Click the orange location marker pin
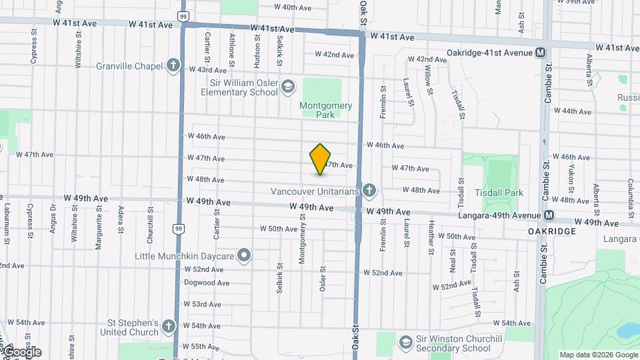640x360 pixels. (321, 159)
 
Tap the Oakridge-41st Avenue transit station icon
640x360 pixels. (540, 53)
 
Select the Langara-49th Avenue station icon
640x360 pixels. (549, 215)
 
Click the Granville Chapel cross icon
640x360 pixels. (173, 65)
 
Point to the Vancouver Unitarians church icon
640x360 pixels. (369, 191)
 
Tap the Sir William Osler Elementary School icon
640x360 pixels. (287, 87)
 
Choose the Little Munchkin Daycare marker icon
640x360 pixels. (245, 255)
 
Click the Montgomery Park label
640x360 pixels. (325, 110)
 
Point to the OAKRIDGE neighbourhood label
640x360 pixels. (552, 231)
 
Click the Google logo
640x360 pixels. (22, 351)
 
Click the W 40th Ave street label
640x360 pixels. (293, 7)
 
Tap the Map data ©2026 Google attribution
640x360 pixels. (599, 355)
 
